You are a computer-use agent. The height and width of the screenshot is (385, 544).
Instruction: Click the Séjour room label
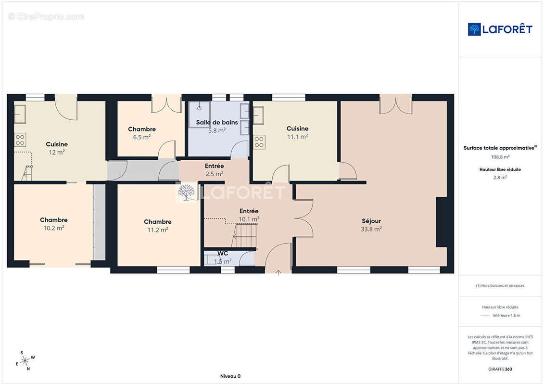pos(371,221)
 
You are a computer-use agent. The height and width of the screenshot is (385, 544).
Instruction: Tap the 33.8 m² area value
pos(371,229)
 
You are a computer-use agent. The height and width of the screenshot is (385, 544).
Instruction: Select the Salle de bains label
pos(217,122)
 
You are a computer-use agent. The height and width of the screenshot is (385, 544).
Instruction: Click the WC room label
pos(223,254)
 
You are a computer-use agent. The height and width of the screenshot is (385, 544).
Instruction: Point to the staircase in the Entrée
pos(245,236)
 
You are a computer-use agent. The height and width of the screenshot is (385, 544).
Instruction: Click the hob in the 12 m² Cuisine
pos(20,140)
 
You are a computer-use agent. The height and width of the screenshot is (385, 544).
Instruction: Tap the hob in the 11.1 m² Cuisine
pos(259,142)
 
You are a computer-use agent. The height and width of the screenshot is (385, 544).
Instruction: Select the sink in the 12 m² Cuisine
pos(20,114)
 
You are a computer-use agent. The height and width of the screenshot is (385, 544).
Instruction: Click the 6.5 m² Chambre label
pos(142,129)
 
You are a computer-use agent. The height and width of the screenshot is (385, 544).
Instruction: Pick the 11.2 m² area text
pos(158,230)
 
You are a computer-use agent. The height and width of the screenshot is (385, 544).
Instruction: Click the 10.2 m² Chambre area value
pos(54,228)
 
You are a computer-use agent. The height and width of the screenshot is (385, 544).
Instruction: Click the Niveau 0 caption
pos(230,376)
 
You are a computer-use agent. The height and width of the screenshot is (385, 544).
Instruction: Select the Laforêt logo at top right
pos(500,29)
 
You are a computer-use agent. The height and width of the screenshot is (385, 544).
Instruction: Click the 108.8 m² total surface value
pos(500,157)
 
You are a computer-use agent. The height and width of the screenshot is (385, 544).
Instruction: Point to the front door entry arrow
pos(278,272)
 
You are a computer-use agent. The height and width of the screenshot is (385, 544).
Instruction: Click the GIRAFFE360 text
pos(500,369)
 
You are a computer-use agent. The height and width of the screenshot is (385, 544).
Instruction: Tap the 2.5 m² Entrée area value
pos(215,174)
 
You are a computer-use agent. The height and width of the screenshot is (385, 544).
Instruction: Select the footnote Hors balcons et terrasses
pos(500,286)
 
